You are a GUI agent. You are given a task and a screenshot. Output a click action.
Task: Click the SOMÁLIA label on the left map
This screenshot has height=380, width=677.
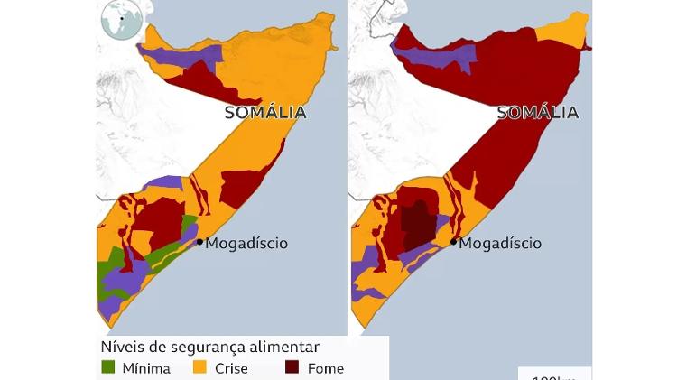click(x=265, y=113)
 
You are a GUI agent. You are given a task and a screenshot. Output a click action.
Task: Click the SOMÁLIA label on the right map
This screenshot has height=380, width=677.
click(x=538, y=113)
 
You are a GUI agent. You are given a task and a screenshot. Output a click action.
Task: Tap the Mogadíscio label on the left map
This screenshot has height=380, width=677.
click(x=246, y=243)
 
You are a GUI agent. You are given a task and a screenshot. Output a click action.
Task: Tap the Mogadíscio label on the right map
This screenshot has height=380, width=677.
click(x=500, y=243)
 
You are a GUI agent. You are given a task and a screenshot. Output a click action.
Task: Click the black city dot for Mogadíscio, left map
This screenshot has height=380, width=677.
click(x=199, y=242)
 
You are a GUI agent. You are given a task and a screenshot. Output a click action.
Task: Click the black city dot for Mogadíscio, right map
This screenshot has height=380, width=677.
click(x=453, y=242)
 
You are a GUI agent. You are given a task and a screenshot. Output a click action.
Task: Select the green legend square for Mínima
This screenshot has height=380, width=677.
click(x=108, y=367)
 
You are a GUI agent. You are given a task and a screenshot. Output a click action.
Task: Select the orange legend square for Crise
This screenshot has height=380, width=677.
click(x=200, y=367)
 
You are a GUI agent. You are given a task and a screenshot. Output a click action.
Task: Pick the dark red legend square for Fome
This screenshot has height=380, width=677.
click(x=292, y=367)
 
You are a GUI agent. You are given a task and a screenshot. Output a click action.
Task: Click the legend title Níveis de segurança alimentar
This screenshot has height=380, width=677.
click(x=209, y=347)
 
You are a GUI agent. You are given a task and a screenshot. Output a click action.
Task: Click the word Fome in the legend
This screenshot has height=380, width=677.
click(x=325, y=368)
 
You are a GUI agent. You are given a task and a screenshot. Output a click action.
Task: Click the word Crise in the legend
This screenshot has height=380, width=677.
click(x=231, y=368)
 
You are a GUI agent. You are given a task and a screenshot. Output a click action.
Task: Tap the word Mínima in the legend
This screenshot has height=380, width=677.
click(x=146, y=368)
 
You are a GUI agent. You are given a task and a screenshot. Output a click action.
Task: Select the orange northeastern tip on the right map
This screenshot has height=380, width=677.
click(x=561, y=27)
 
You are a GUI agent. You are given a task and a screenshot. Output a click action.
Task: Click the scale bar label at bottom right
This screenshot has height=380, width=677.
click(x=553, y=375)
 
